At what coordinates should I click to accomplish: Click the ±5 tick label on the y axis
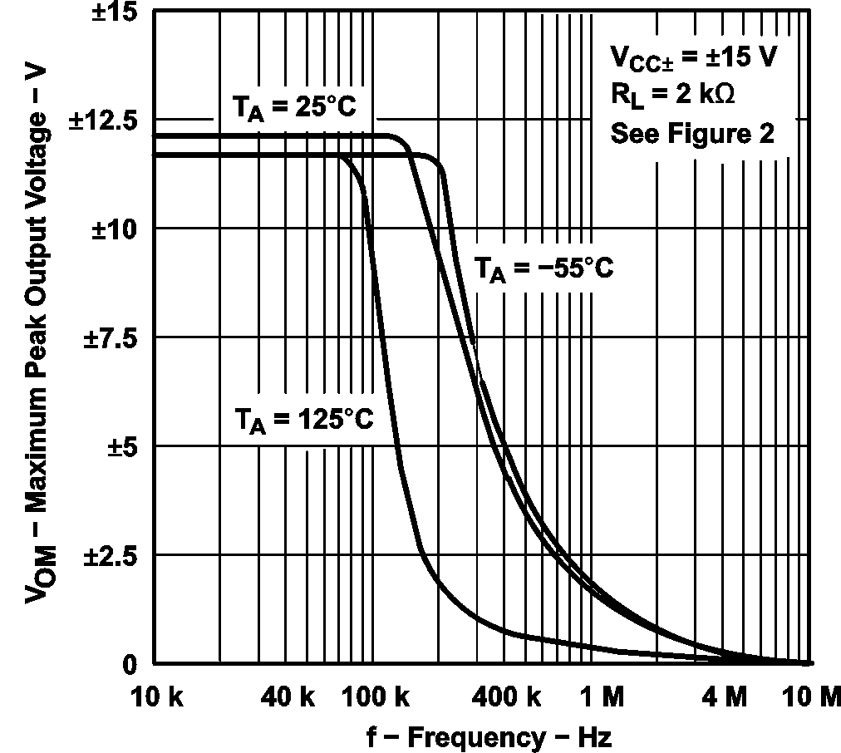click(x=123, y=446)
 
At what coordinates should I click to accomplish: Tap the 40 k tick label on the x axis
click(x=288, y=698)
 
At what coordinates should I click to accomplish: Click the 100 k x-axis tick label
click(x=371, y=698)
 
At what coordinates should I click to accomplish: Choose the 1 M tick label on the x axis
click(x=600, y=698)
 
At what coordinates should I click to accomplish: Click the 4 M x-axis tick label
click(x=723, y=698)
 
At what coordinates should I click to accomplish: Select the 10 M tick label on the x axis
click(x=811, y=698)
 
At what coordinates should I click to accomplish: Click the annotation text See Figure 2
click(x=692, y=133)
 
